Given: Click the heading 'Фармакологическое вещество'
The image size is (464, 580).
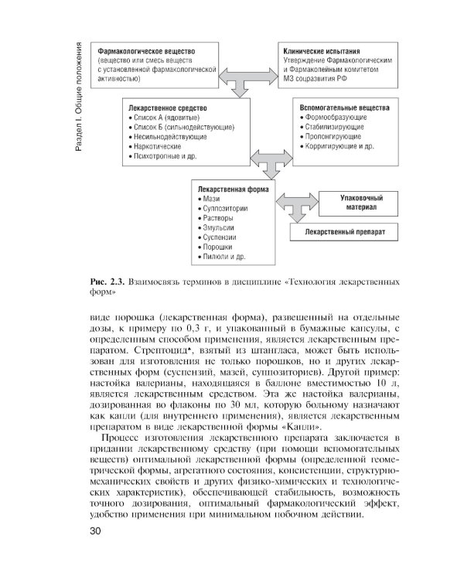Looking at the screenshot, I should (x=145, y=50).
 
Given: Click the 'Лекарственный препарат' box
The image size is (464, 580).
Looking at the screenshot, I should (x=346, y=232).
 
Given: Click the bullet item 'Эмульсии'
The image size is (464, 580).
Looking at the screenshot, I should (x=220, y=228).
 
